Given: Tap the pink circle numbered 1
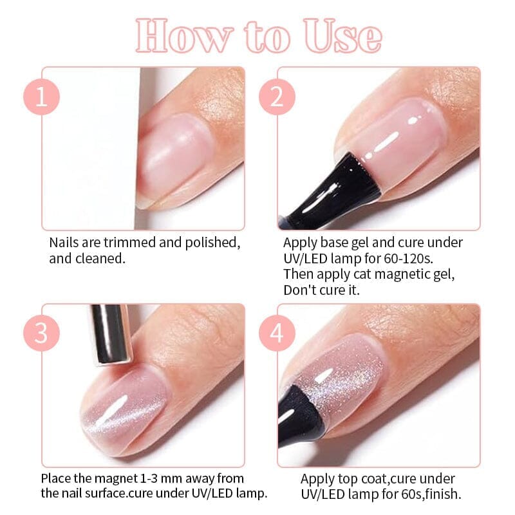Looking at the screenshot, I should coord(42,98).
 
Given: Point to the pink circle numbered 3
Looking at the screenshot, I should coord(42,334).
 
